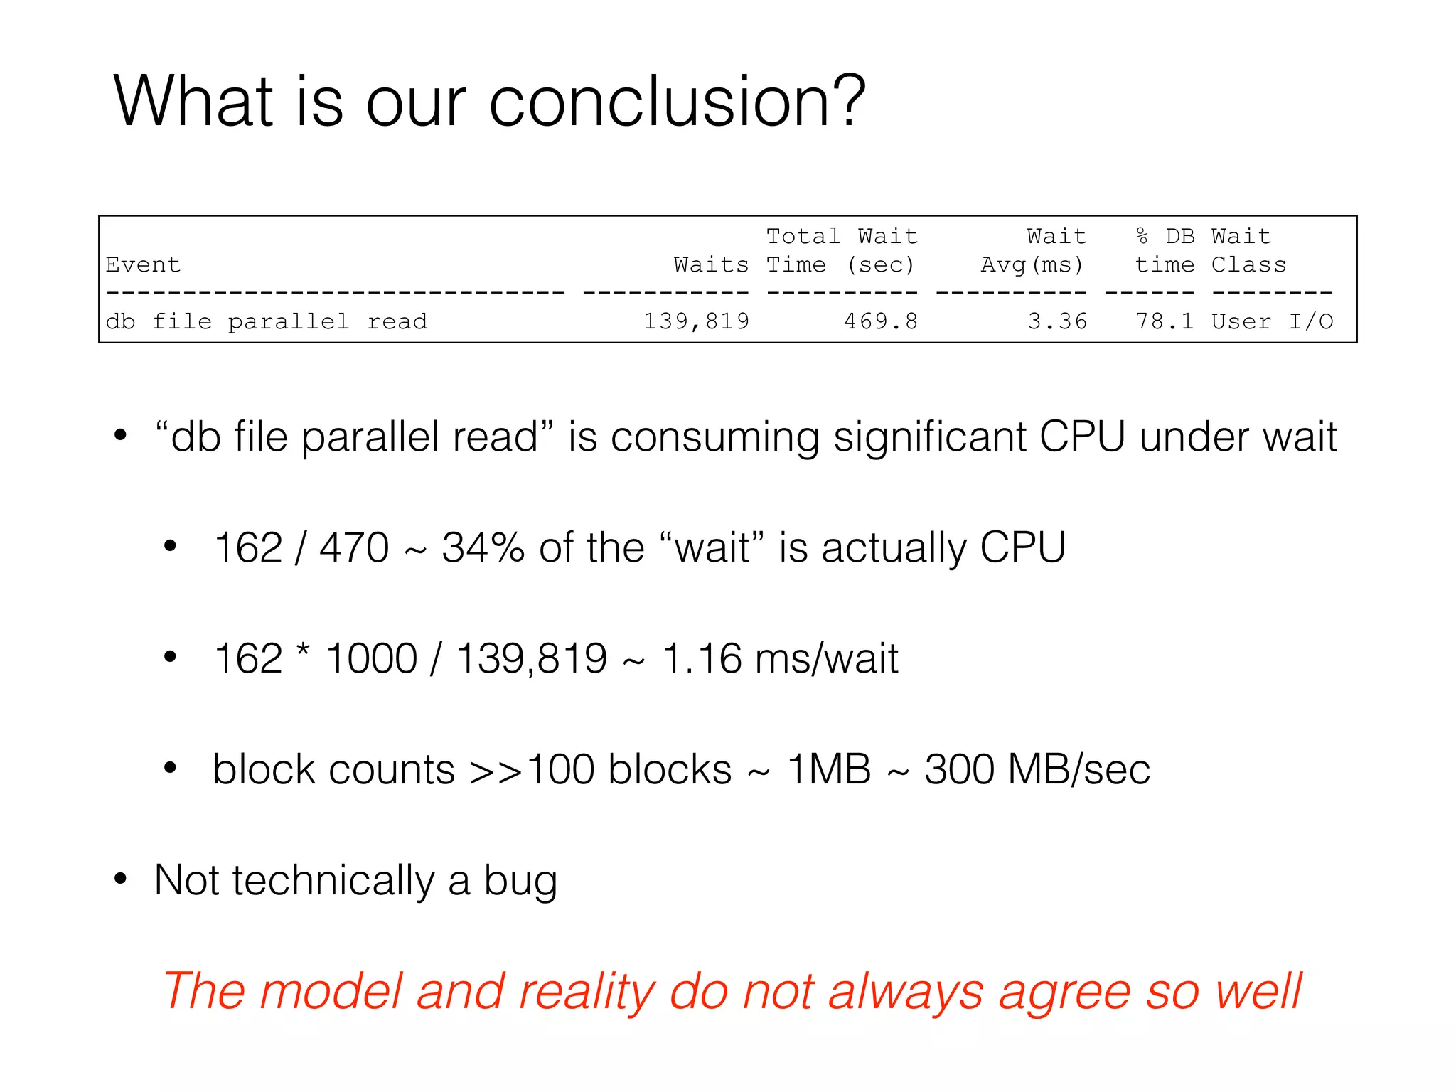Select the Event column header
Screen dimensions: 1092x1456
[143, 264]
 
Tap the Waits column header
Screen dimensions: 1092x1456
[710, 264]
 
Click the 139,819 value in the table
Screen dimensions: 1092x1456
[696, 321]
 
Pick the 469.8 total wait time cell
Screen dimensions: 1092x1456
[880, 321]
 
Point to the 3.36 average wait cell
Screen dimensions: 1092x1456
[1057, 321]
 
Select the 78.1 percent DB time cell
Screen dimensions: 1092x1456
[1164, 321]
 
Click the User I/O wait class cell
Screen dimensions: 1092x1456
[1272, 321]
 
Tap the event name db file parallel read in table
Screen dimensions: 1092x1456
[267, 321]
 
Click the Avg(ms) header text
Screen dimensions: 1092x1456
[1032, 264]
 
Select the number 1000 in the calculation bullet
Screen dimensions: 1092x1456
[371, 658]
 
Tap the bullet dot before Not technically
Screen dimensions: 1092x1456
[120, 879]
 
